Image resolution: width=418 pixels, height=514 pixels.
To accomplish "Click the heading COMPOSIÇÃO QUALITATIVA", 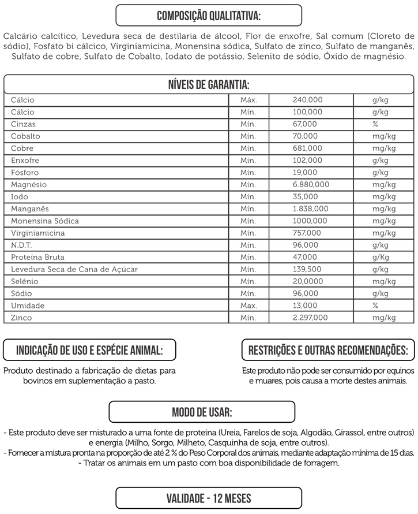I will click(x=209, y=14).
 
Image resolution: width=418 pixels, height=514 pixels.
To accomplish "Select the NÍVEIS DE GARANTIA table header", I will click(x=209, y=84).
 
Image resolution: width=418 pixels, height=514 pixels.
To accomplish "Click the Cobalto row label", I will click(x=25, y=136).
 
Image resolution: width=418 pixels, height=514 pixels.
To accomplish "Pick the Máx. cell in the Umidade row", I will click(x=248, y=306).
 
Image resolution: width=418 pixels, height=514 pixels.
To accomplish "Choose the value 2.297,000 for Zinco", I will click(x=310, y=318).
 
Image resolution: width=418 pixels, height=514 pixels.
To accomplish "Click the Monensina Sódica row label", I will click(x=45, y=221).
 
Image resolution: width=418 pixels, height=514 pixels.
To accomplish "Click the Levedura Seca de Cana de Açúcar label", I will click(x=74, y=270).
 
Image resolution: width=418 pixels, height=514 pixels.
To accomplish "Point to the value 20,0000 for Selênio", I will click(x=308, y=282).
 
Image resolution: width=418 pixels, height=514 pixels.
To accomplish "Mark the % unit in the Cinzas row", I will click(x=375, y=124).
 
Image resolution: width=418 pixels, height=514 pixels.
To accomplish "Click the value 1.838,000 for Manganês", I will click(x=310, y=209).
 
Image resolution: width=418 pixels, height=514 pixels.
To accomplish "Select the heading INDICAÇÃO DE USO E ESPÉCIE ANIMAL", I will click(x=89, y=350).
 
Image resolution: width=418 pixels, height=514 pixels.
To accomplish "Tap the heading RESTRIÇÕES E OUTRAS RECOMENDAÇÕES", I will click(x=327, y=350).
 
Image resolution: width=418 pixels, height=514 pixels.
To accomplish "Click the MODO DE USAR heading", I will click(x=202, y=412).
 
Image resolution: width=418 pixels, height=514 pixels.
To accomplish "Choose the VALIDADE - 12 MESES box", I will click(x=209, y=497).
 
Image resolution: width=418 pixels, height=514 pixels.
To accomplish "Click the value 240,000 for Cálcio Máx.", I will click(x=307, y=100).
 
